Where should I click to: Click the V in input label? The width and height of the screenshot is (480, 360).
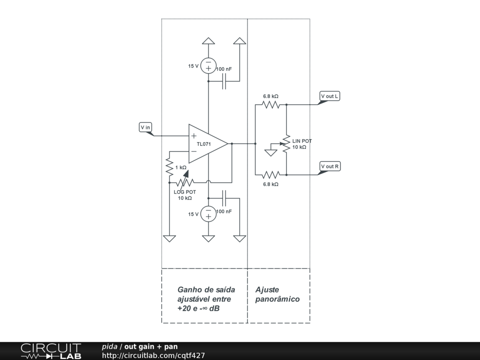[x=145, y=127]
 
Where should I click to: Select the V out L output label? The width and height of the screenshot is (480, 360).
[x=330, y=97]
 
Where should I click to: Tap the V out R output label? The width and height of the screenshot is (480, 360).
[x=330, y=166]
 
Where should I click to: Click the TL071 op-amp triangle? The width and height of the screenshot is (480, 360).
[x=206, y=143]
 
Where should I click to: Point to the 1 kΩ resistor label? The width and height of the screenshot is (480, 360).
[x=181, y=167]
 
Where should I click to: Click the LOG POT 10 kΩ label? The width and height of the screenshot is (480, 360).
[x=185, y=195]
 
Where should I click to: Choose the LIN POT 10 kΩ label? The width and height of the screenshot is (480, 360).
[x=301, y=144]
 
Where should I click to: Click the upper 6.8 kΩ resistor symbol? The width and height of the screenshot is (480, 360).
[x=271, y=105]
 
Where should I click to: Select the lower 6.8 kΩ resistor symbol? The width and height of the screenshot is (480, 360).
[x=271, y=175]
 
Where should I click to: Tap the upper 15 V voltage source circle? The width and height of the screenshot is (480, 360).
[x=208, y=66]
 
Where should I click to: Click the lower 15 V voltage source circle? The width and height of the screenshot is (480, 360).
[x=208, y=214]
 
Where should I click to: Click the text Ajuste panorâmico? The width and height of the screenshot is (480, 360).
[x=277, y=294]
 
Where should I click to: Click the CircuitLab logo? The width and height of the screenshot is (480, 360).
[x=51, y=351]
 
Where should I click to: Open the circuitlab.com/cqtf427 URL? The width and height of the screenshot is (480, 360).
[x=153, y=356]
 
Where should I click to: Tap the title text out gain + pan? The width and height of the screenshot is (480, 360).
[x=151, y=347]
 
